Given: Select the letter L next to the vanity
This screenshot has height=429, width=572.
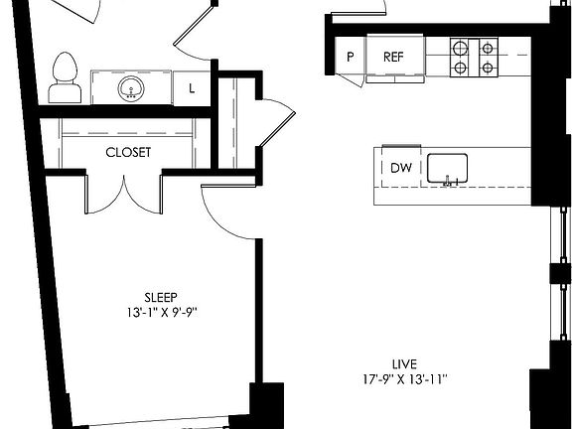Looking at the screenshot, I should click(190, 88).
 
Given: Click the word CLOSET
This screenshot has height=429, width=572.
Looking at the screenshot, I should click(129, 152).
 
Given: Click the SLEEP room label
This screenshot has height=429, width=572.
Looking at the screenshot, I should click(161, 296).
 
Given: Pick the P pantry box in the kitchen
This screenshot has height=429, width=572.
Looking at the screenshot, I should click(350, 57).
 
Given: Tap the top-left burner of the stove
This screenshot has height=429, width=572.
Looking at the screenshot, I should click(460, 46).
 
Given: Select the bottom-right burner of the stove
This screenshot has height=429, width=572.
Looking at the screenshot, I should click(488, 69).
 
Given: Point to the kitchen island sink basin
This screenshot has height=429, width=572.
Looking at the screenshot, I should click(452, 168).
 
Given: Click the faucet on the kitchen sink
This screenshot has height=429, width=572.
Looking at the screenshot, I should click(450, 181).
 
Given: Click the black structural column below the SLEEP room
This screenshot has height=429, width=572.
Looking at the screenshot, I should click(267, 405).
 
